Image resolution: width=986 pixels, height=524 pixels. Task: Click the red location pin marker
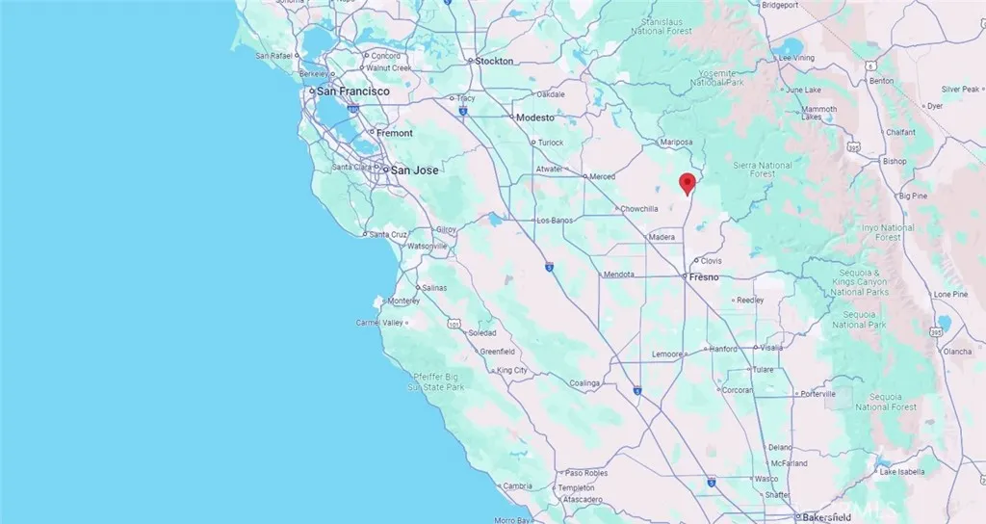tap(687, 183)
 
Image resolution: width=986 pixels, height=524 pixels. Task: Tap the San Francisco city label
tap(352, 91)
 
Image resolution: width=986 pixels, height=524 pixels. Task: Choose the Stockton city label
tap(494, 61)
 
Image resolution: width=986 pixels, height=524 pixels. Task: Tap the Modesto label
tap(535, 118)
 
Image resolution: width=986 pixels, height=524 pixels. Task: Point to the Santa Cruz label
tap(391, 234)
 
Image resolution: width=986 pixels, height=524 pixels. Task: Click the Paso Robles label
tap(588, 473)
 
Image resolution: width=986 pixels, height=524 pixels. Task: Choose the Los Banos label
tap(555, 221)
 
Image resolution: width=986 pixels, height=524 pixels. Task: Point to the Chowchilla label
tap(639, 208)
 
